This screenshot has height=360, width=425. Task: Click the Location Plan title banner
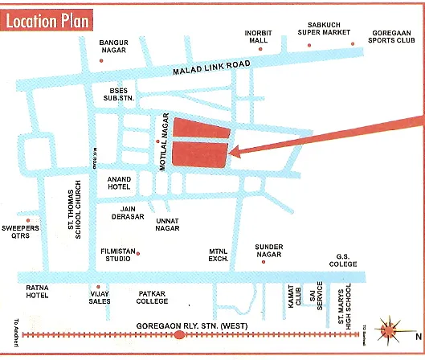[x=49, y=19]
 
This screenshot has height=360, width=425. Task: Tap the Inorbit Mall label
[x=259, y=36]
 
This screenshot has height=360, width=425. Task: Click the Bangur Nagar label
[x=114, y=46]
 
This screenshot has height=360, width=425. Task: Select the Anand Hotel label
[x=119, y=183]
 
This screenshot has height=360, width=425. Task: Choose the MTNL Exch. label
[x=219, y=255]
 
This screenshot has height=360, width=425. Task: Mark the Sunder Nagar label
[x=270, y=251]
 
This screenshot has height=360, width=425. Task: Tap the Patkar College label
[x=152, y=297]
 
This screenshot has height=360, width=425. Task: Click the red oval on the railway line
[x=179, y=334]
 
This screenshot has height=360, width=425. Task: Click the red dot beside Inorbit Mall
[x=261, y=47]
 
